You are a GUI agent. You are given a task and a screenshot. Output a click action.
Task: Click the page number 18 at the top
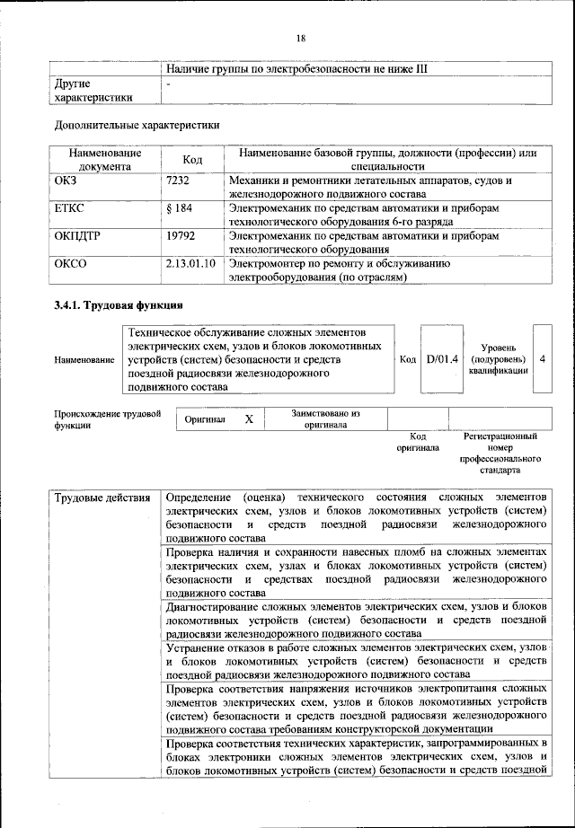[300, 39]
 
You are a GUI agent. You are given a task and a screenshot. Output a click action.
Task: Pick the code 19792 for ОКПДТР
[182, 236]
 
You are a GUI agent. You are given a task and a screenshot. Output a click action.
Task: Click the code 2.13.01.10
[190, 264]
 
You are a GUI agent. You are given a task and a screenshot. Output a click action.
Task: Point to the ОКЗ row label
[68, 181]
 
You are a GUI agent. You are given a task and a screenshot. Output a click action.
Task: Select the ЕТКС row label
[71, 208]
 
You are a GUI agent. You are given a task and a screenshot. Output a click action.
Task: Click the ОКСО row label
[71, 264]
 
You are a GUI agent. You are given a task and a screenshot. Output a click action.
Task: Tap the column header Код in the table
[192, 160]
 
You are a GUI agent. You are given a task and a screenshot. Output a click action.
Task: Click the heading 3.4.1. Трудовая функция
[119, 305]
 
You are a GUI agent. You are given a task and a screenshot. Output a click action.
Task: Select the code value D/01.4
[442, 359]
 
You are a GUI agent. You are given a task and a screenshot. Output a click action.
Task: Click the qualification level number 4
[542, 359]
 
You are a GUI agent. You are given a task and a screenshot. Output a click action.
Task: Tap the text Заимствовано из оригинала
[325, 419]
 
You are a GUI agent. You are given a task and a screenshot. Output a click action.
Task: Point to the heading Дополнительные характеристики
[137, 125]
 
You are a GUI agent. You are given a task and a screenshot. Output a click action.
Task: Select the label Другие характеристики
[93, 91]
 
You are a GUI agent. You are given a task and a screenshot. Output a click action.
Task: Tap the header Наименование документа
[104, 160]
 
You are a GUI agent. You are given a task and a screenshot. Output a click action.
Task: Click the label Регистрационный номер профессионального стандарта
[500, 453]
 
